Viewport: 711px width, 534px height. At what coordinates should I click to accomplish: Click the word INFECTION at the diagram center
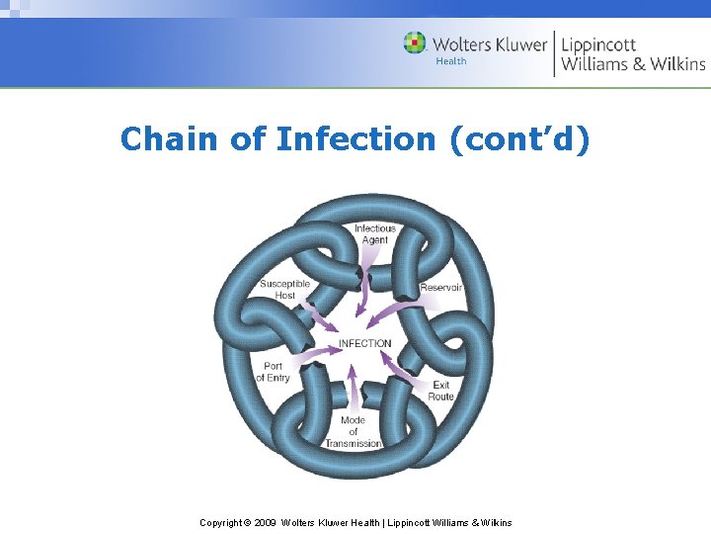click(364, 343)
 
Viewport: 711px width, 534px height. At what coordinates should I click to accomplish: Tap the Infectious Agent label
click(375, 234)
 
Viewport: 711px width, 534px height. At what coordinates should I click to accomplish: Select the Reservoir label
click(440, 288)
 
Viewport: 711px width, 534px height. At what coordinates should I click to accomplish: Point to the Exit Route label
click(440, 391)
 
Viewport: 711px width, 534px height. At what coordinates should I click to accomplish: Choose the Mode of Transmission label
click(354, 432)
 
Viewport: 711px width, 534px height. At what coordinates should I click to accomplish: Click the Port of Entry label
click(274, 372)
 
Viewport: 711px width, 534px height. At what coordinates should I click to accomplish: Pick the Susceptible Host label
click(284, 289)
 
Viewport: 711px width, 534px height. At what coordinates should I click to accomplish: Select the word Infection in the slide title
click(355, 139)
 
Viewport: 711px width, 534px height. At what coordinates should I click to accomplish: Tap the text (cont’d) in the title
click(519, 139)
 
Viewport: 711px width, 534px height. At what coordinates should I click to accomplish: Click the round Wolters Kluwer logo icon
click(415, 44)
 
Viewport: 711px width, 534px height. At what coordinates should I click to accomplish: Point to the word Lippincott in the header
click(598, 44)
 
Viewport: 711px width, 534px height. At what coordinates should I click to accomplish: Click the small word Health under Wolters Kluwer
click(451, 61)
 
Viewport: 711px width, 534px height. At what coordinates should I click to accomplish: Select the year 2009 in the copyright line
click(266, 522)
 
